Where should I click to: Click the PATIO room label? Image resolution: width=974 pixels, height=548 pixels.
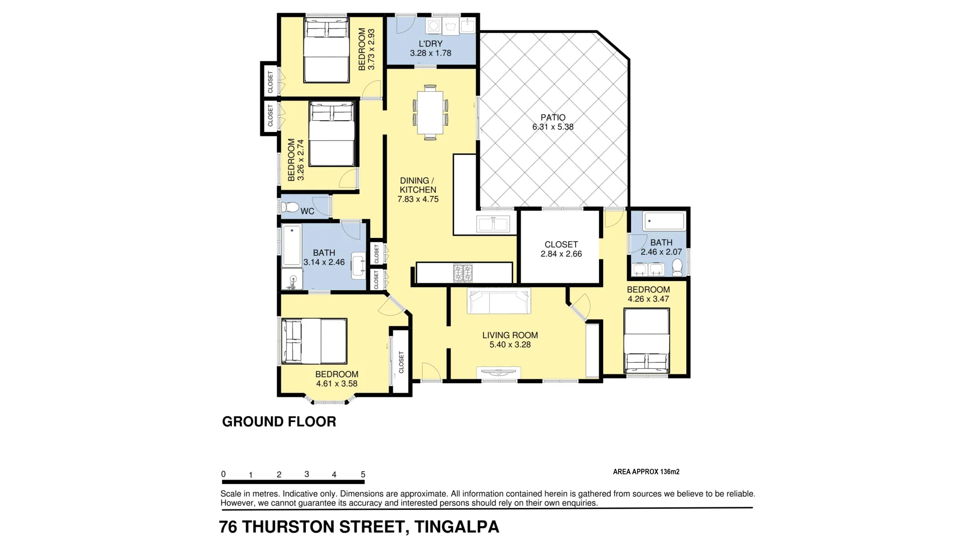552,122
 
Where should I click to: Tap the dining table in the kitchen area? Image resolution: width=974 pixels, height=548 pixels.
430,113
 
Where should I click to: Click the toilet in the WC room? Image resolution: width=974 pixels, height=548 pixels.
291,208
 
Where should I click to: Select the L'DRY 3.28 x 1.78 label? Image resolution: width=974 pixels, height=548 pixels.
430,48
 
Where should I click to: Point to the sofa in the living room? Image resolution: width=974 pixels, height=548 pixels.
499,301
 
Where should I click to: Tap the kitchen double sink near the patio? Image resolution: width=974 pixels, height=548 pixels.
493,223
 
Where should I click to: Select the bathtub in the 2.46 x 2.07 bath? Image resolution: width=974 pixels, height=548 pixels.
664,222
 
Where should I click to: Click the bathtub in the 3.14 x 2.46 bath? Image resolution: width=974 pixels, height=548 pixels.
292,247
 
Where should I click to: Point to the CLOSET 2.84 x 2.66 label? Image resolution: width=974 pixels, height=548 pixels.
561,249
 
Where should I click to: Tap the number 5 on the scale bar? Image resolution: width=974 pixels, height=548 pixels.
363,475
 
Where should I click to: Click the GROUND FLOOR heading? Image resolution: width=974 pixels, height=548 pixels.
279,422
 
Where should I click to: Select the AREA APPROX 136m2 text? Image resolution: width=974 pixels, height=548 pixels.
646,472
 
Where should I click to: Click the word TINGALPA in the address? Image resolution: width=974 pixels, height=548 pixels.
457,527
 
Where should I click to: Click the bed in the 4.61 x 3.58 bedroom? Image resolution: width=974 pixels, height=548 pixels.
314,341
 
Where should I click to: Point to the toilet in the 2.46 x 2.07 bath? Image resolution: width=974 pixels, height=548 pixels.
677,267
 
